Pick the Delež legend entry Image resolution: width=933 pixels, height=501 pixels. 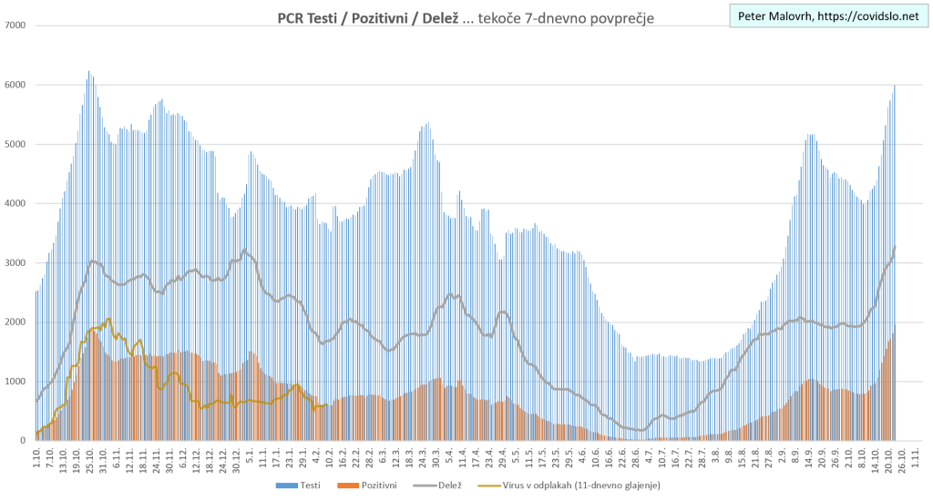coord(454,485)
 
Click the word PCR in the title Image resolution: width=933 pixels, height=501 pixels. coord(293,18)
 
